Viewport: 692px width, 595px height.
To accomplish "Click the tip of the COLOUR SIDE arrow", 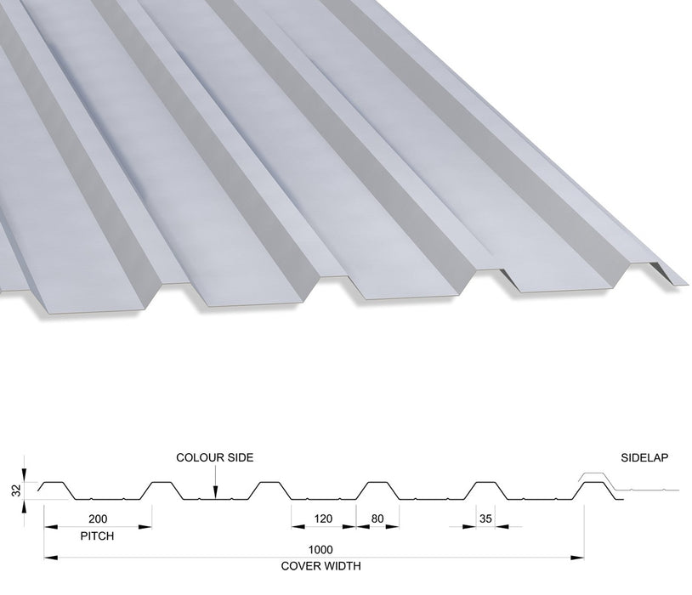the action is point(215,499).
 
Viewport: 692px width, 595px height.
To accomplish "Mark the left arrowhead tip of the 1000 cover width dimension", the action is point(44,558).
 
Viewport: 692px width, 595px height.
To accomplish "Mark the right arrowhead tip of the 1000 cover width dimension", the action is point(584,558).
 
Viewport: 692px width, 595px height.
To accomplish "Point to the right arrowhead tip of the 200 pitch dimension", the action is point(152,526).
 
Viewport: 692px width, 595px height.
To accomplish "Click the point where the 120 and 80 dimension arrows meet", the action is point(356,526).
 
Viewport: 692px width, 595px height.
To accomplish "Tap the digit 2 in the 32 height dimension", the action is point(17,487).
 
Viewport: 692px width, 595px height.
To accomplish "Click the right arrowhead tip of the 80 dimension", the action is point(399,526).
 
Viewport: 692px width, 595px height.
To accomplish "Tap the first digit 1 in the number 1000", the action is point(310,550).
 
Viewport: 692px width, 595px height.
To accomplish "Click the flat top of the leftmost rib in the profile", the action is point(54,482).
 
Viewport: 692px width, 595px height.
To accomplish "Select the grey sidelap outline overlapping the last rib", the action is point(627,483).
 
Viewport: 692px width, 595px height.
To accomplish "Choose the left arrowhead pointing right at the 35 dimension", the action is point(469,526).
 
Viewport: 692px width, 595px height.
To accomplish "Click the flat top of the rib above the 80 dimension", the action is point(377,482).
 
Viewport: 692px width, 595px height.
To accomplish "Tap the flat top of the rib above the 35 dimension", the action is point(485,482).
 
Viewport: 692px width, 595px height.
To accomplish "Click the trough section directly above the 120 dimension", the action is point(324,499).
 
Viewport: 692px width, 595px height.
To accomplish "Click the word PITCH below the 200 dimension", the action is point(97,535).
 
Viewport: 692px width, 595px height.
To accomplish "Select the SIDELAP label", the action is point(644,458).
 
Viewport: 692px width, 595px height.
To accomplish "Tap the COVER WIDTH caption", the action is point(320,566).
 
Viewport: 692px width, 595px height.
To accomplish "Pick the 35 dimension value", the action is point(485,518).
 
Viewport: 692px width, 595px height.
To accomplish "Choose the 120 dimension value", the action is point(323,518).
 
